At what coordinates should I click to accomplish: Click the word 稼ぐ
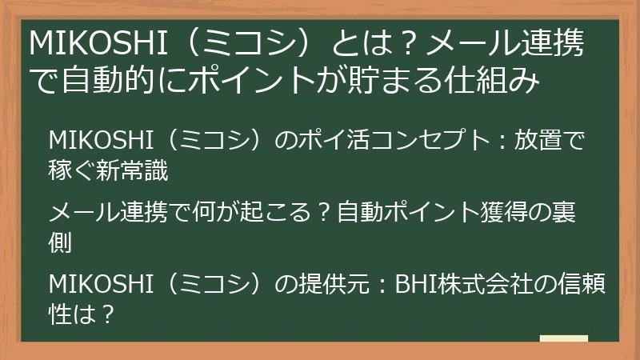tap(73, 169)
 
